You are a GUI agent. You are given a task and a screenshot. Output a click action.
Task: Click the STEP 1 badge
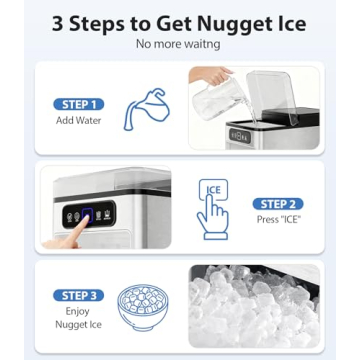(x=77, y=104)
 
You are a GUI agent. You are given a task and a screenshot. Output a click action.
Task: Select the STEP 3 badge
(x=77, y=296)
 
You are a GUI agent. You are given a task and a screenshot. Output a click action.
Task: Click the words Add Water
(x=77, y=120)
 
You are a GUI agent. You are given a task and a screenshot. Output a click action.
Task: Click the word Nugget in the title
(x=222, y=22)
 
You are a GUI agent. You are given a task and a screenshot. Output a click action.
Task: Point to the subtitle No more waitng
(x=179, y=44)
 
